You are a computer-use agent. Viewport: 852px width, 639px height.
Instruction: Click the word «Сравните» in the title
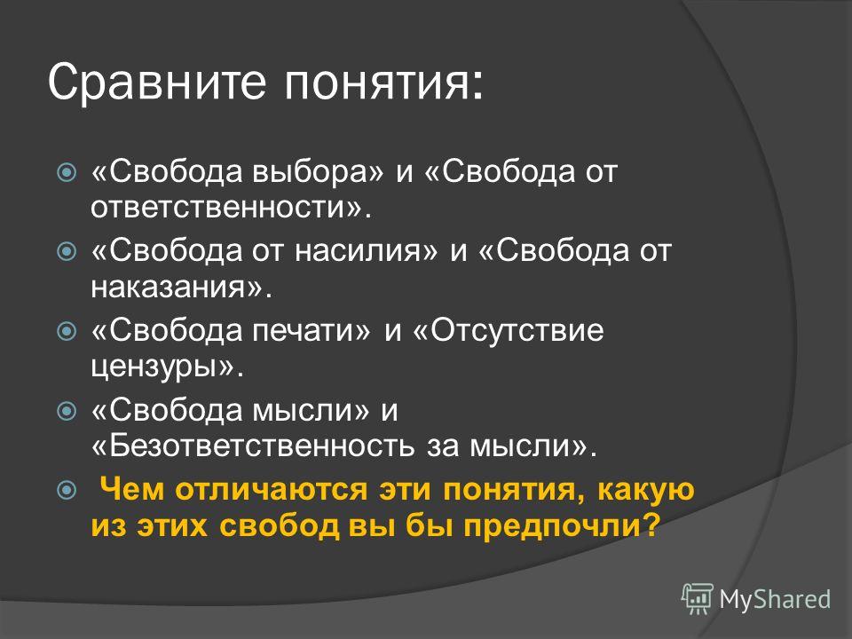157,82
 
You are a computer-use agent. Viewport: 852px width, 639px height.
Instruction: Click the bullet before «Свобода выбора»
67,173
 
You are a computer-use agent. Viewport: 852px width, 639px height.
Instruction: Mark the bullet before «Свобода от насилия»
67,251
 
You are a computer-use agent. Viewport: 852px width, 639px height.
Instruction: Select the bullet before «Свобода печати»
67,331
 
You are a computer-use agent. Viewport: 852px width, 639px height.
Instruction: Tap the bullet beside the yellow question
67,490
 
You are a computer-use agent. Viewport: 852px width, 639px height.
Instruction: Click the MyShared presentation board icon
698,599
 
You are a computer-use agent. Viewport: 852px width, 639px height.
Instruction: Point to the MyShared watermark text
775,600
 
